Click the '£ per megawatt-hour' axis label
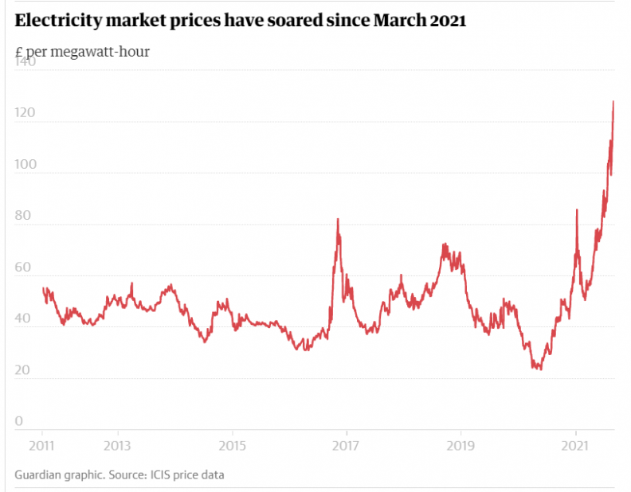click(82, 52)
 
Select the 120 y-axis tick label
click(25, 113)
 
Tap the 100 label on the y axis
click(25, 165)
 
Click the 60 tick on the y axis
click(25, 267)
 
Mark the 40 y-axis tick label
click(25, 318)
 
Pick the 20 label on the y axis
click(25, 370)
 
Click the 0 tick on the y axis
click(20, 421)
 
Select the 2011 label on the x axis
click(41, 444)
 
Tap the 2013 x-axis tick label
click(117, 444)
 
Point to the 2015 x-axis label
click(232, 444)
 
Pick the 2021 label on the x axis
click(574, 444)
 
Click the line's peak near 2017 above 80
click(338, 219)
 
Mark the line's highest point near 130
click(613, 102)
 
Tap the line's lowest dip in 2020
click(540, 369)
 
